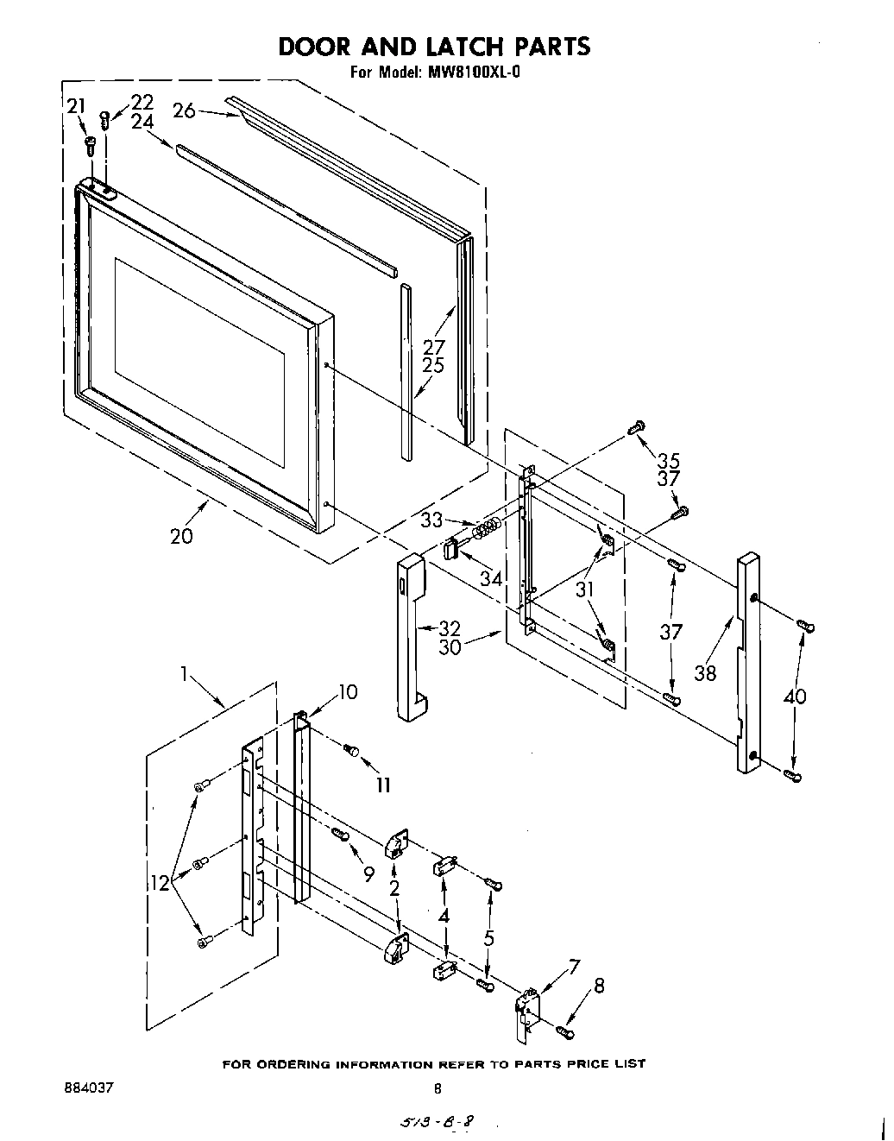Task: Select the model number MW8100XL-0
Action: pyautogui.click(x=474, y=72)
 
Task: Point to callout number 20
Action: pyautogui.click(x=181, y=535)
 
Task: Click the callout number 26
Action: pyautogui.click(x=184, y=110)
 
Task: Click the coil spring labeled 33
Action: pyautogui.click(x=489, y=526)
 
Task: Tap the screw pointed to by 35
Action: pyautogui.click(x=638, y=426)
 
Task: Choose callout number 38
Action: pyautogui.click(x=705, y=672)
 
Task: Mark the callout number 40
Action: pyautogui.click(x=794, y=694)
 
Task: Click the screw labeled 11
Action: pyautogui.click(x=351, y=750)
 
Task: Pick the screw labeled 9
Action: pyautogui.click(x=340, y=834)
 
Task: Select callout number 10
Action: pyautogui.click(x=348, y=691)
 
